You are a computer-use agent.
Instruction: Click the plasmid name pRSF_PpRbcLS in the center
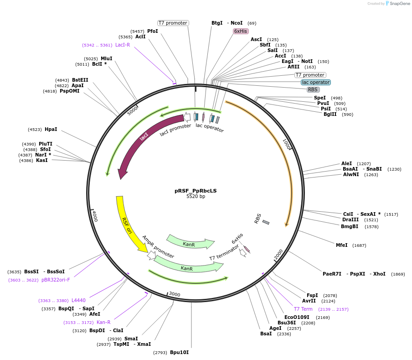pyautogui.click(x=196, y=191)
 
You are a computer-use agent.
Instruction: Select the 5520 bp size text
pyautogui.click(x=196, y=197)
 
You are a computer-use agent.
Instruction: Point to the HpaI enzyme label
pyautogui.click(x=51, y=129)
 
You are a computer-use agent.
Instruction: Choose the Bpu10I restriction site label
pyautogui.click(x=179, y=352)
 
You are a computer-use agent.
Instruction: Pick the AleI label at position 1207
pyautogui.click(x=347, y=163)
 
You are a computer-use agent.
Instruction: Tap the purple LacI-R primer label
pyautogui.click(x=122, y=45)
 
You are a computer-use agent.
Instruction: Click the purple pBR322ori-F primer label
pyautogui.click(x=56, y=280)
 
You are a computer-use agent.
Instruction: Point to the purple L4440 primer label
pyautogui.click(x=78, y=300)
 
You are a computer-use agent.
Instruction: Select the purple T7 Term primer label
pyautogui.click(x=303, y=309)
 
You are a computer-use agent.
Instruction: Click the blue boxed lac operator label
pyautogui.click(x=315, y=82)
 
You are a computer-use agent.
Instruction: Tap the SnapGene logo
pyautogui.click(x=397, y=4)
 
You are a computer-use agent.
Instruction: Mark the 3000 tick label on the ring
pyautogui.click(x=175, y=295)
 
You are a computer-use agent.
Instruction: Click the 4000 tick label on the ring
pyautogui.click(x=94, y=216)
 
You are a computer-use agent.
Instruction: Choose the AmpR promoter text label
pyautogui.click(x=158, y=246)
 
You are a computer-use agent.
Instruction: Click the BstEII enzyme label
pyautogui.click(x=80, y=80)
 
